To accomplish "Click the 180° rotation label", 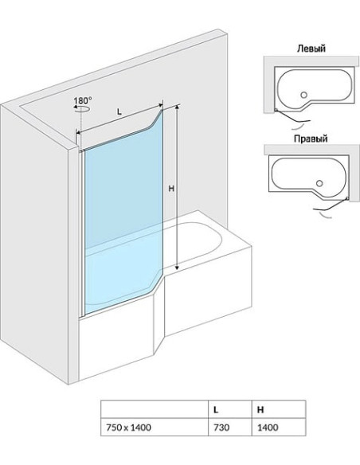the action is click(x=83, y=100).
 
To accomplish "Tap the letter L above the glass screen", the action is click(x=119, y=111).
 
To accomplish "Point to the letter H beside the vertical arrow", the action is click(x=171, y=188).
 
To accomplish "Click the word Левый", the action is click(x=311, y=49).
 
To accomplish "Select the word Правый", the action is click(x=311, y=139).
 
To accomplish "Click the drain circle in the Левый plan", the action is click(x=303, y=95).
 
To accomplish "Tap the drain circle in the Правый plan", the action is click(x=319, y=183).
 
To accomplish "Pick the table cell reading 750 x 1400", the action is click(x=155, y=428).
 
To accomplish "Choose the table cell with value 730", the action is click(x=230, y=428).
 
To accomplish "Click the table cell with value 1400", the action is click(x=279, y=428).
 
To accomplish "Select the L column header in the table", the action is click(x=230, y=409).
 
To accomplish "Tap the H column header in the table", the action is click(x=279, y=409).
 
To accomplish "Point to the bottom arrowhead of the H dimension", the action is click(x=177, y=268).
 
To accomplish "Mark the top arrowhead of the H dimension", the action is click(x=177, y=107).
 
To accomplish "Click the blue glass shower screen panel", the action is click(x=123, y=213).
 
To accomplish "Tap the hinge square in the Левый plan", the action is click(x=276, y=110).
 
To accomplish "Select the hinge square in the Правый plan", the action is click(x=347, y=198).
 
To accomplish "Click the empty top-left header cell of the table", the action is click(x=155, y=409).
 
